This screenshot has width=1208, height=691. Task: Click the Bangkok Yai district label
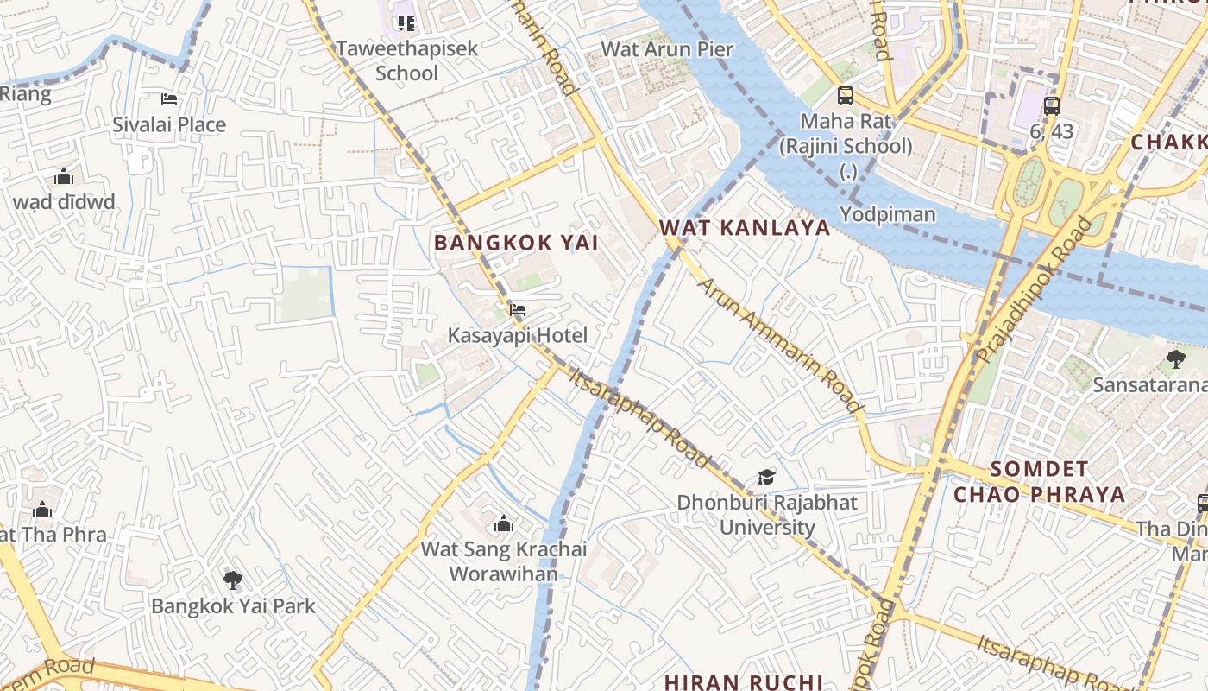(x=516, y=243)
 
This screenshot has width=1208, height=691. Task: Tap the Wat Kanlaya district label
(x=745, y=228)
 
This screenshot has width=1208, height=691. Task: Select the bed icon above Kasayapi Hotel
(x=518, y=310)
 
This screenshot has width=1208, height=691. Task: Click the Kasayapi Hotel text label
(x=517, y=336)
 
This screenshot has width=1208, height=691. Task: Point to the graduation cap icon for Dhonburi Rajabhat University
(x=766, y=477)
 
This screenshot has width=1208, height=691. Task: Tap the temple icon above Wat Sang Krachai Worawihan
(x=504, y=523)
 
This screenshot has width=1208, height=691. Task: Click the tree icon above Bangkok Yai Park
(x=232, y=580)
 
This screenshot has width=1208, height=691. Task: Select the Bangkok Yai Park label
(x=233, y=605)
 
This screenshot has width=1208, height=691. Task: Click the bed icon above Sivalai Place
(x=169, y=99)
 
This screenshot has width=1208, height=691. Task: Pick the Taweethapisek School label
(x=406, y=60)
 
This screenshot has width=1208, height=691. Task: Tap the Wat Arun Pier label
(x=667, y=49)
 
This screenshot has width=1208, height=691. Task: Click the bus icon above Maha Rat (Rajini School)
(x=846, y=96)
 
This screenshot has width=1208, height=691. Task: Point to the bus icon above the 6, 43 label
(x=1051, y=106)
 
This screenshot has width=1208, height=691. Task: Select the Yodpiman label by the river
(x=888, y=213)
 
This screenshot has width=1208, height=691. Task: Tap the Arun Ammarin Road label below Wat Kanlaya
(x=780, y=345)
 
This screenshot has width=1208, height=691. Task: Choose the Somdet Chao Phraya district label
(x=1039, y=482)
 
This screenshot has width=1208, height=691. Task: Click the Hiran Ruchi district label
(x=743, y=681)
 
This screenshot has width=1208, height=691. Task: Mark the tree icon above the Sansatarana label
(x=1175, y=358)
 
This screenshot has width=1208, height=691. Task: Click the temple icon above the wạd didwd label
(x=64, y=177)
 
